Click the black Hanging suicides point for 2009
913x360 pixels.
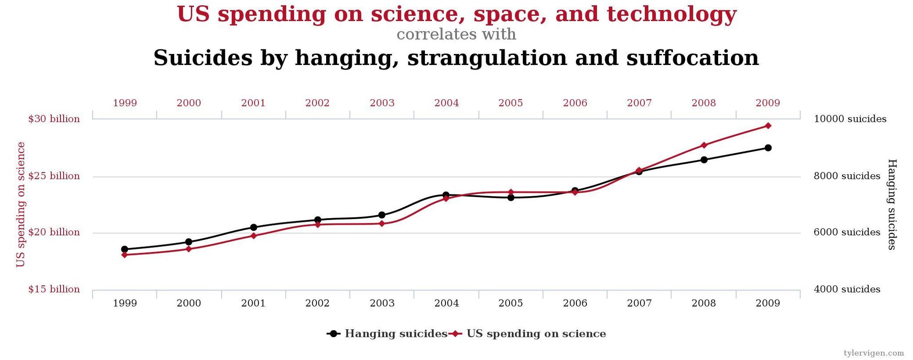pos(768,148)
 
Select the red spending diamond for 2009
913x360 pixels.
pos(768,126)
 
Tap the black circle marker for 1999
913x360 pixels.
pos(124,249)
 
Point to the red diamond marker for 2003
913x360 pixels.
pos(382,224)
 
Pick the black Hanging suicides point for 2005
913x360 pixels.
pos(510,198)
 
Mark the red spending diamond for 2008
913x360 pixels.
pos(704,145)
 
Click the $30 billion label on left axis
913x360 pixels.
pos(54,119)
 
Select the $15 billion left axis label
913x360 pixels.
pos(54,289)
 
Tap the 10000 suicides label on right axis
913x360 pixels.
pos(850,119)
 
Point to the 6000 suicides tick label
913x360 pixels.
pos(847,232)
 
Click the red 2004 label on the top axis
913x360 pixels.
pos(446,103)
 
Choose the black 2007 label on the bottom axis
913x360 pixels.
pos(639,303)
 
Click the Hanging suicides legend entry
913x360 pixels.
pos(387,333)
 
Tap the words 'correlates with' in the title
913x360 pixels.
pos(456,34)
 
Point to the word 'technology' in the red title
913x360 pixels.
pos(672,14)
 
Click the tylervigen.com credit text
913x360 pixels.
pos(874,353)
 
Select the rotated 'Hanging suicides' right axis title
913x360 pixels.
pos(892,204)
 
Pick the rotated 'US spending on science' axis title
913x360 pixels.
pos(21,204)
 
